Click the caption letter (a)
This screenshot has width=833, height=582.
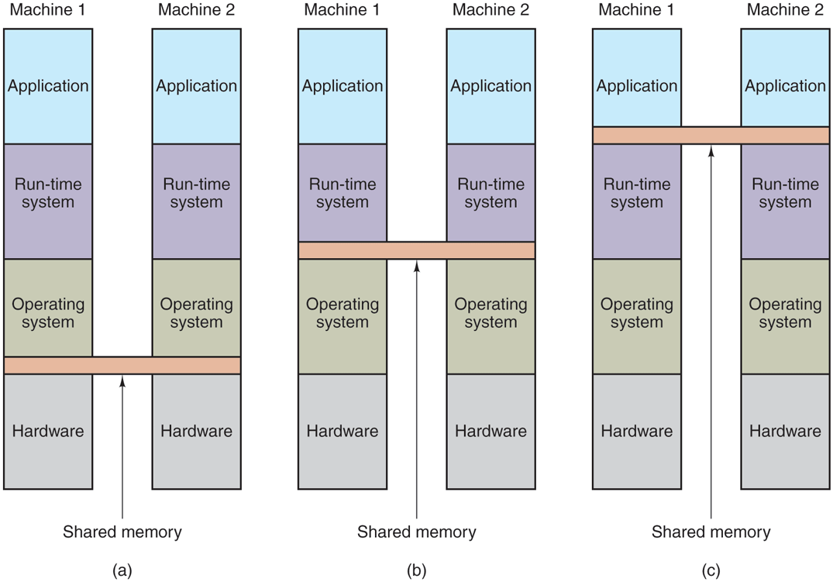coord(122,572)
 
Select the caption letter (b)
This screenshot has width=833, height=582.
coord(417,572)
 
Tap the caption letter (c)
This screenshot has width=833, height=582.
coord(711,572)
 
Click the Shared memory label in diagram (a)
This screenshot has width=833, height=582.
coord(122,532)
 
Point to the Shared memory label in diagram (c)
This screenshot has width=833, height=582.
coord(711,532)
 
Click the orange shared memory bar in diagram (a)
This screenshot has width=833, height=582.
coord(122,365)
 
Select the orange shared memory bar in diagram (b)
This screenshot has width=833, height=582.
coord(417,250)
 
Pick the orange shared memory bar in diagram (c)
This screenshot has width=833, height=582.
coord(711,135)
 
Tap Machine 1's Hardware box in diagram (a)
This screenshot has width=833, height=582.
coord(48,431)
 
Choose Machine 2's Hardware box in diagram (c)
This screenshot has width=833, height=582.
coord(785,431)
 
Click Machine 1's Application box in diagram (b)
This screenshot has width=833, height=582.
coord(342,86)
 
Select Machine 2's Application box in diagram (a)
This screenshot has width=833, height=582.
coord(196,86)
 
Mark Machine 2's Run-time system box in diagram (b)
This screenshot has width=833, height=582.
coord(491,193)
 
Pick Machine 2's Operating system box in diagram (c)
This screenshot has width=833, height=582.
coord(785,314)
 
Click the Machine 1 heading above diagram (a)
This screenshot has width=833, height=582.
coord(48,11)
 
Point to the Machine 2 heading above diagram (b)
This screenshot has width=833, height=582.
coord(491,11)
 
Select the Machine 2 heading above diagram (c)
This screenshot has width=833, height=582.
coord(785,11)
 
